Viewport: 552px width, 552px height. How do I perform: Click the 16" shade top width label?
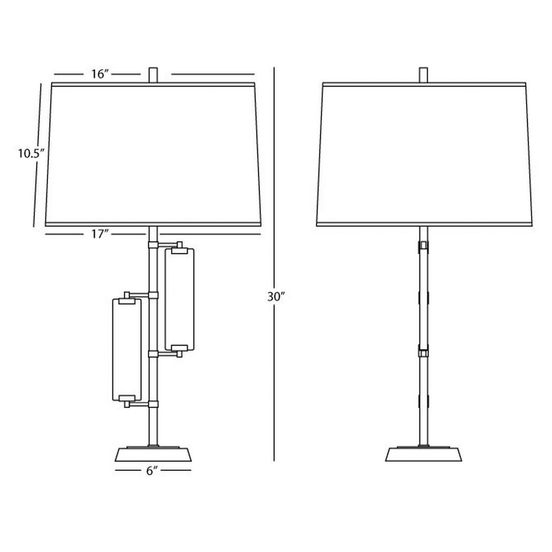(100, 74)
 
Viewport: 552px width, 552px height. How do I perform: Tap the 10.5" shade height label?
(31, 153)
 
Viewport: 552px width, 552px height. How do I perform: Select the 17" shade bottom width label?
(100, 233)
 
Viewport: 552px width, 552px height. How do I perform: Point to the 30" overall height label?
(275, 297)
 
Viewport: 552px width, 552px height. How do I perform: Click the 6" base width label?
(152, 471)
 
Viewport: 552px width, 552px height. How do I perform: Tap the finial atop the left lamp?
(153, 75)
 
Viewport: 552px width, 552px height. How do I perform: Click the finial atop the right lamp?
(424, 75)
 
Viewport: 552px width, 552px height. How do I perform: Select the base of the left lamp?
(153, 454)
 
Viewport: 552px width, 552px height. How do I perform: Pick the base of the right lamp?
(423, 454)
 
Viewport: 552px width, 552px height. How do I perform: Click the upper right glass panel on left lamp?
(179, 300)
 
